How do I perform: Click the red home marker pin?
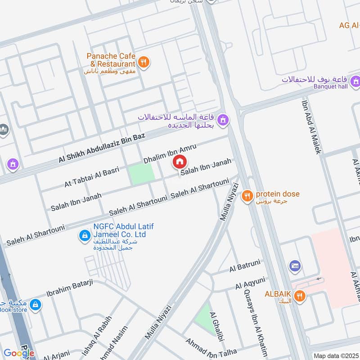click(x=180, y=161)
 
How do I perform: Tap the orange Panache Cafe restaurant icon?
click(x=144, y=62)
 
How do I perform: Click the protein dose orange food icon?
click(x=247, y=196)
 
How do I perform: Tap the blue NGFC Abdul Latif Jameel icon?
click(x=84, y=235)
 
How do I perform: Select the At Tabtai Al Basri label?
click(x=91, y=177)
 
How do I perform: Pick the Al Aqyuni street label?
click(x=250, y=283)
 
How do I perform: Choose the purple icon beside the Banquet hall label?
click(x=356, y=81)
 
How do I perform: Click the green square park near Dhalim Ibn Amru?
click(x=142, y=175)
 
